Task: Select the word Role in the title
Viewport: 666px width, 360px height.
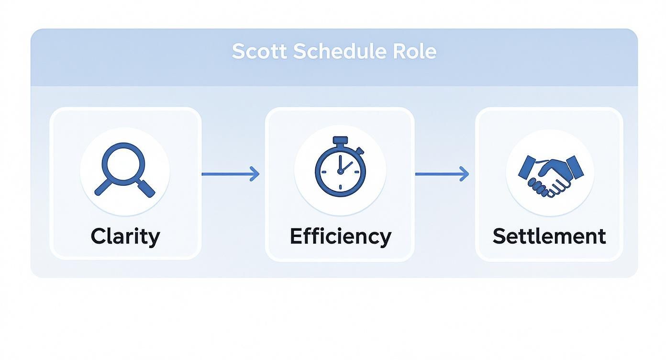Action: click(415, 51)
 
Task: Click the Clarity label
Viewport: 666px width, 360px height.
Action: click(125, 236)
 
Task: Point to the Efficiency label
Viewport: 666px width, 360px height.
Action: click(340, 236)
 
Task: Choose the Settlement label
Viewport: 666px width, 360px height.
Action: click(549, 236)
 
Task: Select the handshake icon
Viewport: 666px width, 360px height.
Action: click(550, 175)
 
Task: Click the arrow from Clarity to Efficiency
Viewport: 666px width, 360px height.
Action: click(230, 174)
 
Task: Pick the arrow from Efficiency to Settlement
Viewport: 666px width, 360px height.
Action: click(442, 174)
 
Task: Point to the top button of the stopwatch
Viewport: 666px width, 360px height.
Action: click(340, 140)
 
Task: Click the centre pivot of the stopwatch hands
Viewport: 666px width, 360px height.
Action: click(340, 171)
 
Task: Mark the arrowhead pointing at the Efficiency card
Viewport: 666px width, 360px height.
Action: click(255, 174)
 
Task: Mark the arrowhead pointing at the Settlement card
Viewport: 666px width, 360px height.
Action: click(465, 174)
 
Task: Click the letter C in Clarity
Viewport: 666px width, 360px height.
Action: click(98, 236)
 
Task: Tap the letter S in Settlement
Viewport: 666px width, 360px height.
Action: click(499, 236)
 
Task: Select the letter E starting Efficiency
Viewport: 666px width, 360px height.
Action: click(296, 236)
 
